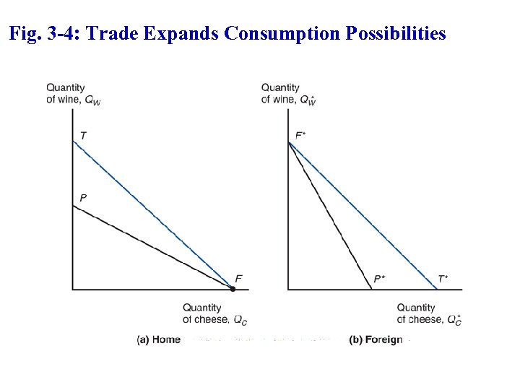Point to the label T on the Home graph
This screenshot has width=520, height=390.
pyautogui.click(x=83, y=136)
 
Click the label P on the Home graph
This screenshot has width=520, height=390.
pyautogui.click(x=83, y=197)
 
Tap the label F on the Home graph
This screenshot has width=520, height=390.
pyautogui.click(x=239, y=279)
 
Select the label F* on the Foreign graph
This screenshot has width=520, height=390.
pyautogui.click(x=300, y=136)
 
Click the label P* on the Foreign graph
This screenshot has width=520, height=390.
pyautogui.click(x=379, y=279)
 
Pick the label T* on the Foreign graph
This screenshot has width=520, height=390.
pyautogui.click(x=443, y=279)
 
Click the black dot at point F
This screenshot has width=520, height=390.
pyautogui.click(x=233, y=289)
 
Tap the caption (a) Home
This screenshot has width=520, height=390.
pyautogui.click(x=159, y=339)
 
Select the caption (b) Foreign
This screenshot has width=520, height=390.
pyautogui.click(x=376, y=339)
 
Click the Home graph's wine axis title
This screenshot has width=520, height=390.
pyautogui.click(x=73, y=94)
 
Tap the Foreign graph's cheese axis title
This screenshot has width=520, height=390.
pyautogui.click(x=428, y=313)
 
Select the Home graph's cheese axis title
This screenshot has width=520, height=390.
pyautogui.click(x=214, y=313)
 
